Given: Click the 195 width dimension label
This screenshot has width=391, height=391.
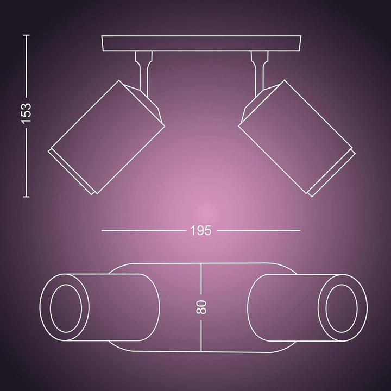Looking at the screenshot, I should [x=201, y=230].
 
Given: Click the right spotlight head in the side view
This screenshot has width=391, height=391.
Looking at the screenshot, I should [x=296, y=136].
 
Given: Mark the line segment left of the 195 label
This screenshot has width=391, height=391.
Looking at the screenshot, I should [x=144, y=230].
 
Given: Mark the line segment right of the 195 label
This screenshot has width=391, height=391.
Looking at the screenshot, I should [x=258, y=230].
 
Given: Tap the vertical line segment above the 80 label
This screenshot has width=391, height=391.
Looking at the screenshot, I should [x=201, y=280].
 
